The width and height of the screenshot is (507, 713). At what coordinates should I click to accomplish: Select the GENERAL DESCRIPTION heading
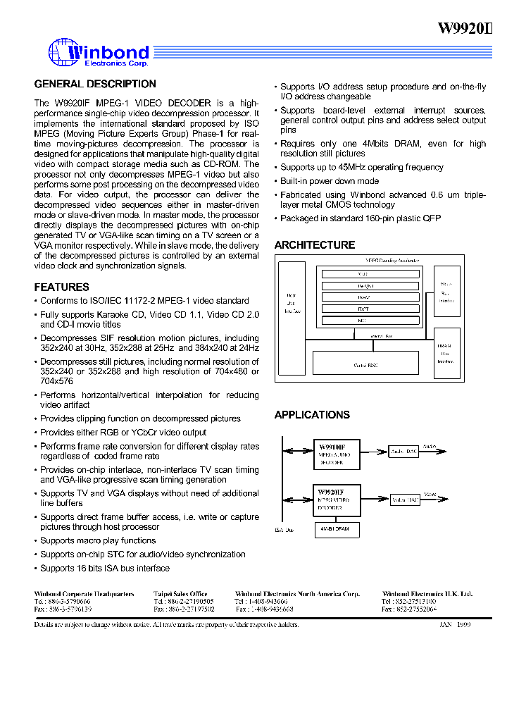(x=95, y=84)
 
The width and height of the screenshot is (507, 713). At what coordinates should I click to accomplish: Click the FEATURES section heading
(x=62, y=287)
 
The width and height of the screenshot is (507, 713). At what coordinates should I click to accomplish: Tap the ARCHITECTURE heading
(x=315, y=245)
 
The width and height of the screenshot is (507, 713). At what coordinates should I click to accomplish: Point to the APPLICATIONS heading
(x=312, y=415)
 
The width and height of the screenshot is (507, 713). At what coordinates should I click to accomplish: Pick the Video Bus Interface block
(x=446, y=290)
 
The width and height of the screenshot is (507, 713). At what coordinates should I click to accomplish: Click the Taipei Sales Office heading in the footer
(x=180, y=595)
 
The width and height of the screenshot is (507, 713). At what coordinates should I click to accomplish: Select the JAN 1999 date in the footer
(x=455, y=625)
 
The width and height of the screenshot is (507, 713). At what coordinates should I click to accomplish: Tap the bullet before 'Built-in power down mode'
(x=276, y=181)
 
